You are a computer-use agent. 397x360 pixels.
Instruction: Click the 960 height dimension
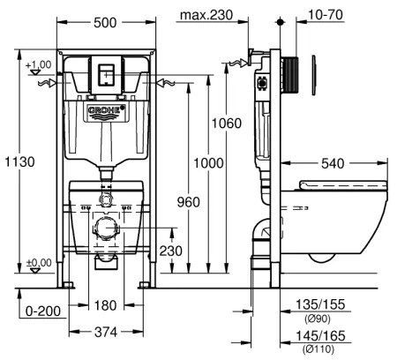click(183, 201)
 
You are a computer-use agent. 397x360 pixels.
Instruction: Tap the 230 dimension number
click(170, 251)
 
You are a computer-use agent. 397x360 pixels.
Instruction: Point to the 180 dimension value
click(106, 306)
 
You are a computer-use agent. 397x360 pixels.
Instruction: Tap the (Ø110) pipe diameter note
click(318, 349)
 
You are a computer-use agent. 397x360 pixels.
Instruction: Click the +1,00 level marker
click(38, 65)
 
